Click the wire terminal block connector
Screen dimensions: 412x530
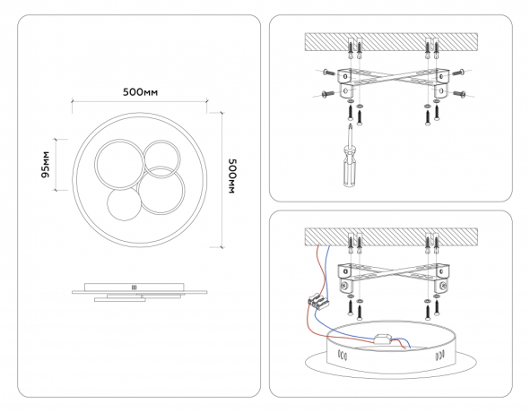[x=318, y=302]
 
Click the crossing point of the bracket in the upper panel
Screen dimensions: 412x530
[x=393, y=77]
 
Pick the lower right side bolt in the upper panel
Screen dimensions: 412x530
[x=460, y=91]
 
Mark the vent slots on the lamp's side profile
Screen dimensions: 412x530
[x=135, y=288]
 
